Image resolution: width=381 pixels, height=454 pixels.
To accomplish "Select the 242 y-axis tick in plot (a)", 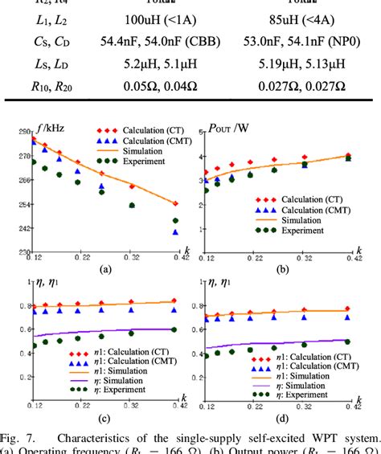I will [24, 229].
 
